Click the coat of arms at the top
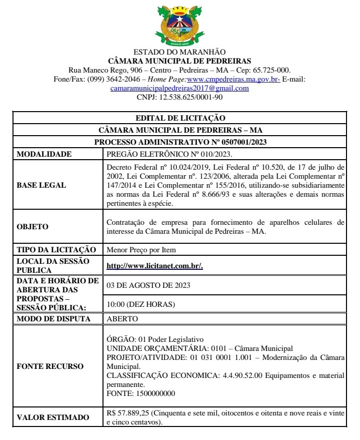point(180,25)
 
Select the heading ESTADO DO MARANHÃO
point(180,52)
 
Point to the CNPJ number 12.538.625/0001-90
point(190,97)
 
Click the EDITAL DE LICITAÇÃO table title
point(180,118)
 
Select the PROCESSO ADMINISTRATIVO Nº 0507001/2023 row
point(180,142)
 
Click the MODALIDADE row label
point(44,154)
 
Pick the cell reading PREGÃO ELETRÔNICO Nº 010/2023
point(169,154)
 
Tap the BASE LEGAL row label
point(41,185)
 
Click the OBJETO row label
point(33,227)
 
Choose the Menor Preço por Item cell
point(141,250)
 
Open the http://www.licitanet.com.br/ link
point(154,266)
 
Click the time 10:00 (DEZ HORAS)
point(141,304)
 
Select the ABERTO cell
point(122,318)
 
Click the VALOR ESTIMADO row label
point(53,417)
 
